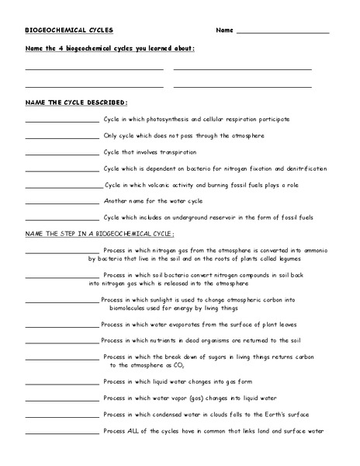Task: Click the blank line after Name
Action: [282, 32]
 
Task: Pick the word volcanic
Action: [160, 185]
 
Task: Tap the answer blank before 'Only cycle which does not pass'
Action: [62, 137]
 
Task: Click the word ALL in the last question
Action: [137, 431]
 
